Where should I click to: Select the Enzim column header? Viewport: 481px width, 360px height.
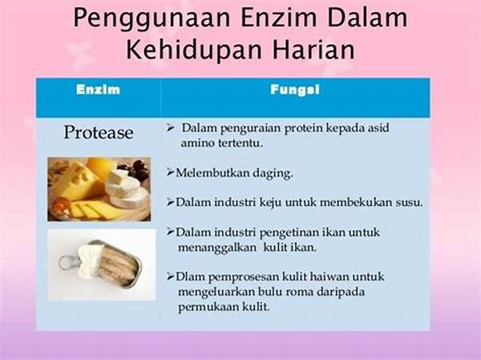coord(98,90)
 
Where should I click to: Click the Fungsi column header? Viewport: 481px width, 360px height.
coord(295,90)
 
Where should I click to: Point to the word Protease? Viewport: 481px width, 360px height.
coord(99,132)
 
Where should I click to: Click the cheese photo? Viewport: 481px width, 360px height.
coord(99,189)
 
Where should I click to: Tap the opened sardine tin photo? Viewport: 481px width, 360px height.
coord(102,265)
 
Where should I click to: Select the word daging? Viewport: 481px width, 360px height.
coord(273,174)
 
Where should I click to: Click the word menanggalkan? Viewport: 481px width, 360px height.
coord(217,248)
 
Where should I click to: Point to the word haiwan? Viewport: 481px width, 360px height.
coord(329,277)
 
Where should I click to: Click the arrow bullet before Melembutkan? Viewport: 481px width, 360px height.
coord(171,172)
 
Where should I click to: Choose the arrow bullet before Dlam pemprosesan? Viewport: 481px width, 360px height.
coord(171,277)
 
